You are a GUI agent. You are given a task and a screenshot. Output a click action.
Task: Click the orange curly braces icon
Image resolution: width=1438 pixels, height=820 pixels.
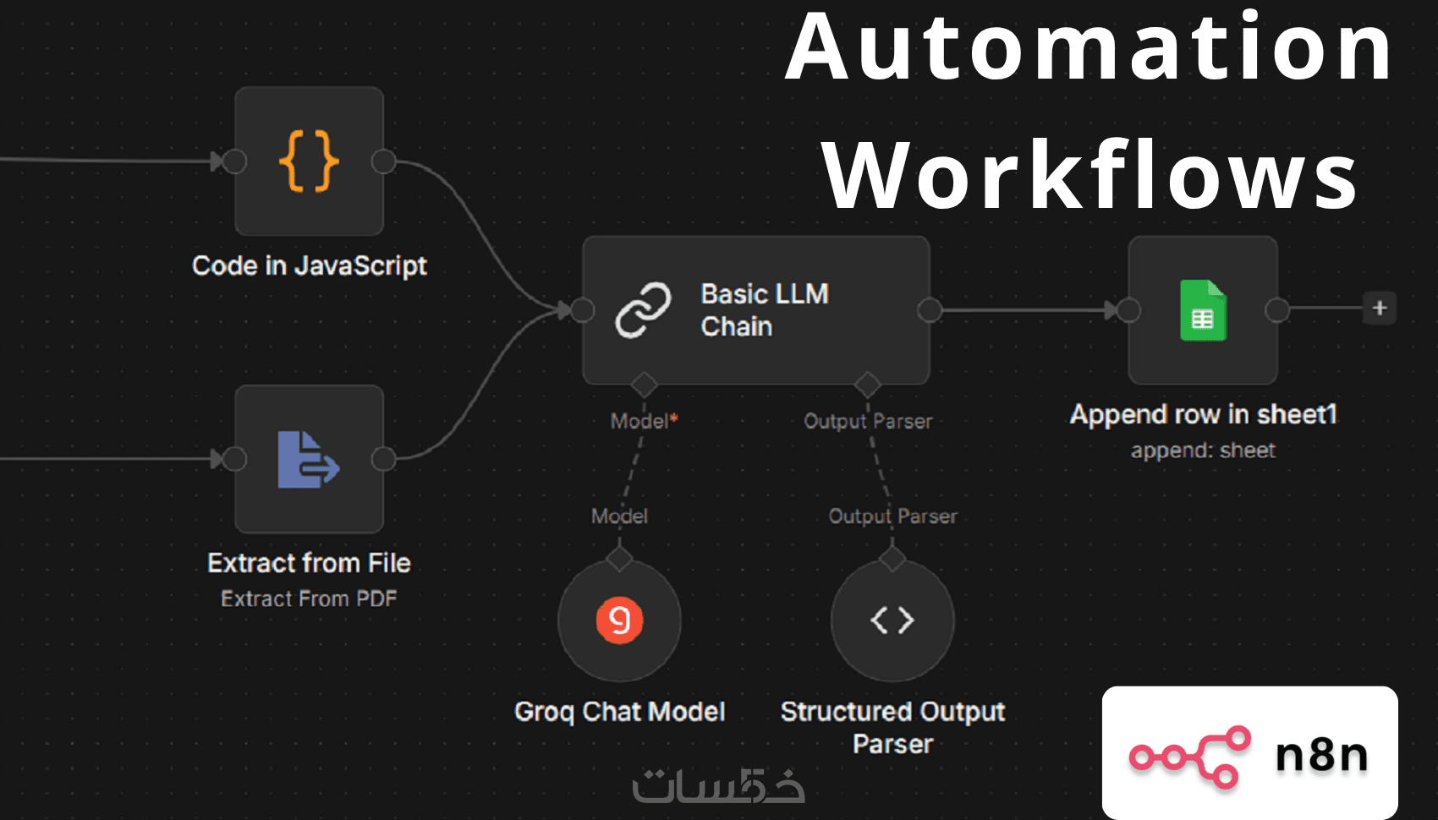(x=309, y=161)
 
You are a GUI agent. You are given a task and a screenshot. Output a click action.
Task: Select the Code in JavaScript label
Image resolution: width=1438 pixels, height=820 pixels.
(x=309, y=265)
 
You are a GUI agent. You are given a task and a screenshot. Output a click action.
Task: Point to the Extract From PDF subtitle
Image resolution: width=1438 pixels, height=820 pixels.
(x=309, y=599)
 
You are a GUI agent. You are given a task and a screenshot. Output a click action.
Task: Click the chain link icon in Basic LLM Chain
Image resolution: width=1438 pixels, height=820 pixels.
(x=643, y=310)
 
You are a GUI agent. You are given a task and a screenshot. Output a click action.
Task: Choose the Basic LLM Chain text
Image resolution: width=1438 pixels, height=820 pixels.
(x=764, y=310)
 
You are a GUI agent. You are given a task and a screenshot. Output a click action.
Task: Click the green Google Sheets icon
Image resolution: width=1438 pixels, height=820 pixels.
(x=1203, y=310)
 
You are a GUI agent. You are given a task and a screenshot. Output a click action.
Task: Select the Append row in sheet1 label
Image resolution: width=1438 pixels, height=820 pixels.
(x=1203, y=414)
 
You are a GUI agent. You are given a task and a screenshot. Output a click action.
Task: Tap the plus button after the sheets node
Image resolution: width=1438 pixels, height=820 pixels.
(x=1380, y=308)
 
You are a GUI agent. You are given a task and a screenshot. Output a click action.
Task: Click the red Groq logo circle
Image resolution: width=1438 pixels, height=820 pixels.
(x=619, y=620)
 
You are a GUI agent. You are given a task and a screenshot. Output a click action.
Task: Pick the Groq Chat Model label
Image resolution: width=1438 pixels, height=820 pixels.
(x=619, y=712)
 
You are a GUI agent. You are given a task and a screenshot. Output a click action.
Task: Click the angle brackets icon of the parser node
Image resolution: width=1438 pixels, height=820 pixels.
(x=892, y=620)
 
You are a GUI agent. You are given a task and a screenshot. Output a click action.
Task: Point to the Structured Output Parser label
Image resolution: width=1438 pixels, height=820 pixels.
(x=892, y=727)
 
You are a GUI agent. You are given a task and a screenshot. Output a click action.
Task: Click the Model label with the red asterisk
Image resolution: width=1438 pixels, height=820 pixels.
(x=644, y=421)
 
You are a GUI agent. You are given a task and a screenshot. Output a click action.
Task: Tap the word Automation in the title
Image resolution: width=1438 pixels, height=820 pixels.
(x=1089, y=48)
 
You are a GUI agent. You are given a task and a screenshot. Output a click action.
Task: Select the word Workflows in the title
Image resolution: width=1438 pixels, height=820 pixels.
(x=1089, y=176)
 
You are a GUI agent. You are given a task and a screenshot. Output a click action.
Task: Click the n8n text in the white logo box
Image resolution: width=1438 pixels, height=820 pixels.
(x=1321, y=755)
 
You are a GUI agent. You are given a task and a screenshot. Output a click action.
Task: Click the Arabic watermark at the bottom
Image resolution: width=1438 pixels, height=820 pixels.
(x=718, y=786)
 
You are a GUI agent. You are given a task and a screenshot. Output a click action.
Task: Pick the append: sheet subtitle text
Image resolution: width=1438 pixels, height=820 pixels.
(x=1203, y=451)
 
